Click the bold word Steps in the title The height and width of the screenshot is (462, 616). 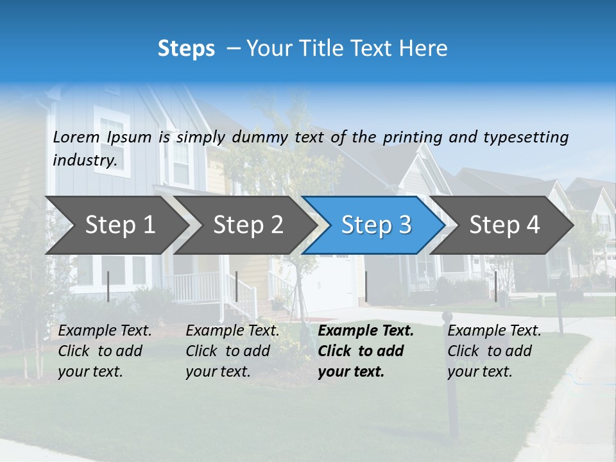(186, 48)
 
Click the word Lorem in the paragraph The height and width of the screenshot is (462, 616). (76, 137)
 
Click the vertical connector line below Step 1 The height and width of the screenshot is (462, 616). (108, 286)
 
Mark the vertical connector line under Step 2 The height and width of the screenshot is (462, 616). (237, 286)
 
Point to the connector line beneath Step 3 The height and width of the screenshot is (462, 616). (366, 286)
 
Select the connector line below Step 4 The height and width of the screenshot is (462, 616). (495, 286)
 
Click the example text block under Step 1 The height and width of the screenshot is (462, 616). (105, 351)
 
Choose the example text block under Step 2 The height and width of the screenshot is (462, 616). (232, 351)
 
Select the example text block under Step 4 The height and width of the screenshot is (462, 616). (494, 351)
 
